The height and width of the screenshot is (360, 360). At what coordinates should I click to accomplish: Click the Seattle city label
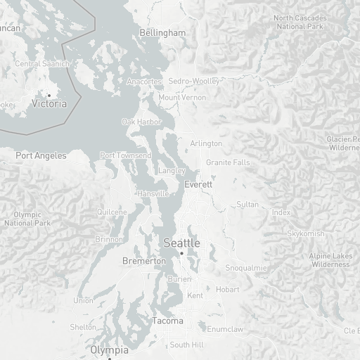tap(181, 243)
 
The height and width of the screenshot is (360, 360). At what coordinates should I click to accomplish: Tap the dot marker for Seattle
tap(181, 253)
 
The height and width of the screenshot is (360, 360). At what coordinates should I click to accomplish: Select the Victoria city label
tap(49, 103)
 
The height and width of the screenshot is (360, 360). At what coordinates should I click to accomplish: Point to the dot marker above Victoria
tap(49, 95)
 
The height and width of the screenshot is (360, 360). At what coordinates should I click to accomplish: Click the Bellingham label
tap(162, 33)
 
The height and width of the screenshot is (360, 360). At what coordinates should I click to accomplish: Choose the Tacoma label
tap(167, 321)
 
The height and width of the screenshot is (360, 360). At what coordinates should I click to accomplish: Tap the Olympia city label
tap(109, 349)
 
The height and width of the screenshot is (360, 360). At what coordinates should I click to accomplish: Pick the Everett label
tap(198, 184)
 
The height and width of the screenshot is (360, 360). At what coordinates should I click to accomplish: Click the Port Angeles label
tap(41, 155)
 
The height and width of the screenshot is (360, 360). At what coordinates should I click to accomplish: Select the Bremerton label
tap(144, 261)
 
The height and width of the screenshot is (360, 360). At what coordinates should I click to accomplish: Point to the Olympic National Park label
tap(27, 219)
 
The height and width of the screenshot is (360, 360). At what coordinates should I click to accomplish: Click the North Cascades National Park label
tap(300, 22)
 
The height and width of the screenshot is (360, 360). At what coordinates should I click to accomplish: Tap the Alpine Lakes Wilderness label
tap(330, 260)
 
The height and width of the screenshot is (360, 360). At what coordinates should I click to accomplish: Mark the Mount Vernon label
tap(182, 97)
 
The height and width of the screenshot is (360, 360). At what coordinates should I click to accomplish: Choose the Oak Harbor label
tap(141, 122)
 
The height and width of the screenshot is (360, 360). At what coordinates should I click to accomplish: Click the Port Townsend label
tap(125, 155)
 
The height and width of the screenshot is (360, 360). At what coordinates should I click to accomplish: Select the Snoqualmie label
tap(246, 268)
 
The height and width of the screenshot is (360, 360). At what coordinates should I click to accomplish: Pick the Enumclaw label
tap(226, 329)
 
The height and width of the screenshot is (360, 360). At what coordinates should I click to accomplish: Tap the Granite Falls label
tap(228, 162)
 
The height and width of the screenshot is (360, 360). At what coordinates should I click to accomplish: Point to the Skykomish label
tap(306, 233)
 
